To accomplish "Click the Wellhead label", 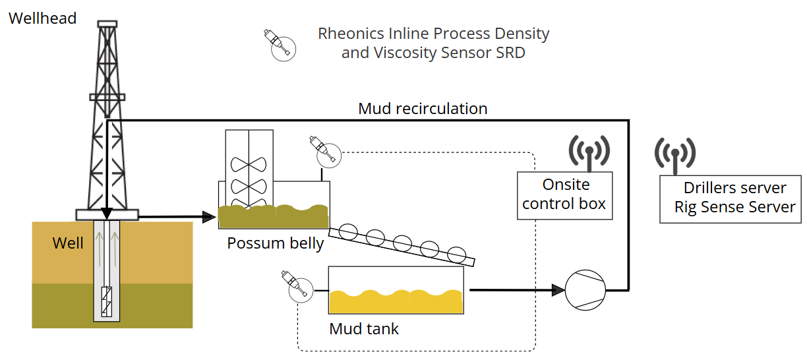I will [42, 18].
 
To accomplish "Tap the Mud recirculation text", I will [423, 109].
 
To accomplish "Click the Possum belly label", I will [275, 243].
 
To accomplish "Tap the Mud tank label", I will [364, 328].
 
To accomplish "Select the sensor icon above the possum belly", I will [324, 152].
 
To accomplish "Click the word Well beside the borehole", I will [68, 243].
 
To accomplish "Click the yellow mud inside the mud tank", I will [395, 302].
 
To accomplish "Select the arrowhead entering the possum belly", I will [210, 216].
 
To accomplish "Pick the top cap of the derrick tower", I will [106, 24].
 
